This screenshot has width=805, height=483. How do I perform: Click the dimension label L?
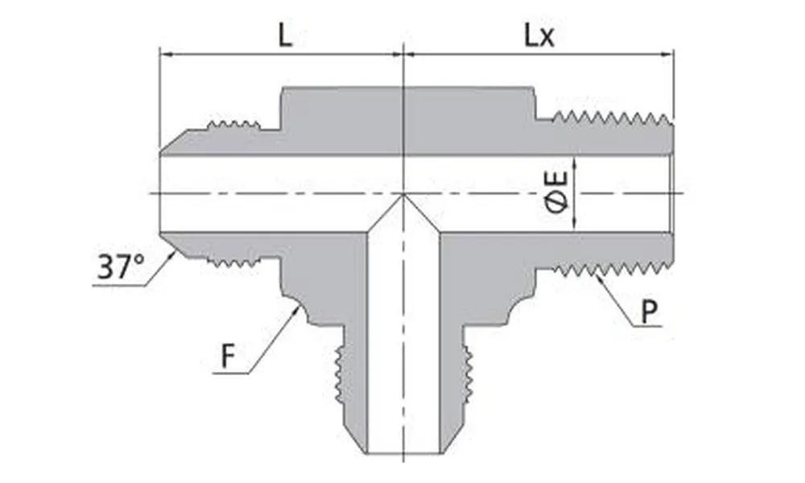pyautogui.click(x=285, y=37)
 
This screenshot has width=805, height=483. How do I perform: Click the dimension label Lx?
pyautogui.click(x=539, y=37)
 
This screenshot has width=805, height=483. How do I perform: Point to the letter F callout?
pyautogui.click(x=229, y=357)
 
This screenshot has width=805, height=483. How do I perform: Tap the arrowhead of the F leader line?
pyautogui.click(x=299, y=308)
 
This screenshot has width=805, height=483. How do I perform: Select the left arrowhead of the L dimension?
pyautogui.click(x=164, y=55)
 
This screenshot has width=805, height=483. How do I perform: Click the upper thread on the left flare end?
pyautogui.click(x=233, y=125)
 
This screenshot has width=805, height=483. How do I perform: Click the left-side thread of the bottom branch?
pyautogui.click(x=341, y=378)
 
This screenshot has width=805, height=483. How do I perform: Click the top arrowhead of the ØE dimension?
pyautogui.click(x=574, y=159)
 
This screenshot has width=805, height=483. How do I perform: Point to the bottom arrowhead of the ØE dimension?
pyautogui.click(x=574, y=228)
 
